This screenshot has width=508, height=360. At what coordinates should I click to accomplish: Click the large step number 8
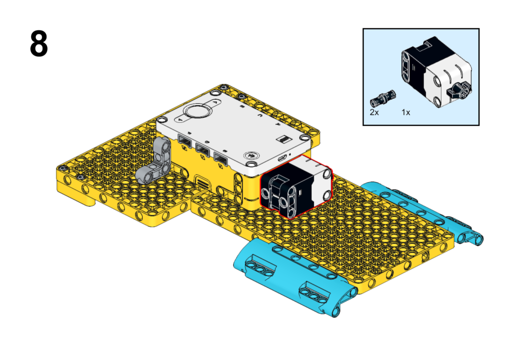point(39,44)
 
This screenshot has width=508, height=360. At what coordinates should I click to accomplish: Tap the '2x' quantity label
point(374,112)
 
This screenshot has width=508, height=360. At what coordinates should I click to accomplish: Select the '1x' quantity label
point(406,112)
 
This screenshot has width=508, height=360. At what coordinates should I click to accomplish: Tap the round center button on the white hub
point(196,111)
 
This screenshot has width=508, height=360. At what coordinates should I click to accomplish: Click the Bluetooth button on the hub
point(251,156)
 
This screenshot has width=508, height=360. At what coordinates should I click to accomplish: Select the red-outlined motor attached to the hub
point(296,186)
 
